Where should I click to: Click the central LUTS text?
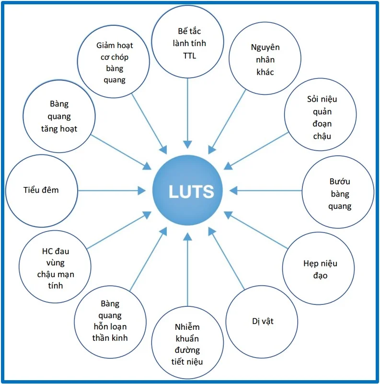[x=191, y=191]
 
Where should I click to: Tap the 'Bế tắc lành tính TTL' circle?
[x=187, y=42]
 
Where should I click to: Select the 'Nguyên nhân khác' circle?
[x=265, y=58]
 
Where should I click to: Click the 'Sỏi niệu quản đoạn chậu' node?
[x=320, y=115]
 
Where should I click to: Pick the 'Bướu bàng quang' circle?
[x=338, y=192]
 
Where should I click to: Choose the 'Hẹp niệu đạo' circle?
[x=318, y=268]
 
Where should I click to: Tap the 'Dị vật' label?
[x=263, y=321]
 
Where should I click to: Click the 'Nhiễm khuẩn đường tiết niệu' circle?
[x=187, y=343]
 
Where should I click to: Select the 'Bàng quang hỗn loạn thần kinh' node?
[x=110, y=322]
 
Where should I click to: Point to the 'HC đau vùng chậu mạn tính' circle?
[x=55, y=267]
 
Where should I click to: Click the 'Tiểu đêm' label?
[x=41, y=190]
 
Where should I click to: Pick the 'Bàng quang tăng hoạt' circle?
[x=59, y=116]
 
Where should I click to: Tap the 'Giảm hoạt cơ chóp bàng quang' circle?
[x=114, y=61]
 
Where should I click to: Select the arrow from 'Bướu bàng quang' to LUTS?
[x=265, y=190]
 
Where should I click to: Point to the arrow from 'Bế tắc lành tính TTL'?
[x=187, y=114]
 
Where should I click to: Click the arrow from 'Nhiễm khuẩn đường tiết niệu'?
[x=187, y=269]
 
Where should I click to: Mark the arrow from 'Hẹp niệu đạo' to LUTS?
[x=256, y=230]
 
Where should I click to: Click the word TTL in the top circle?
[x=189, y=56]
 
